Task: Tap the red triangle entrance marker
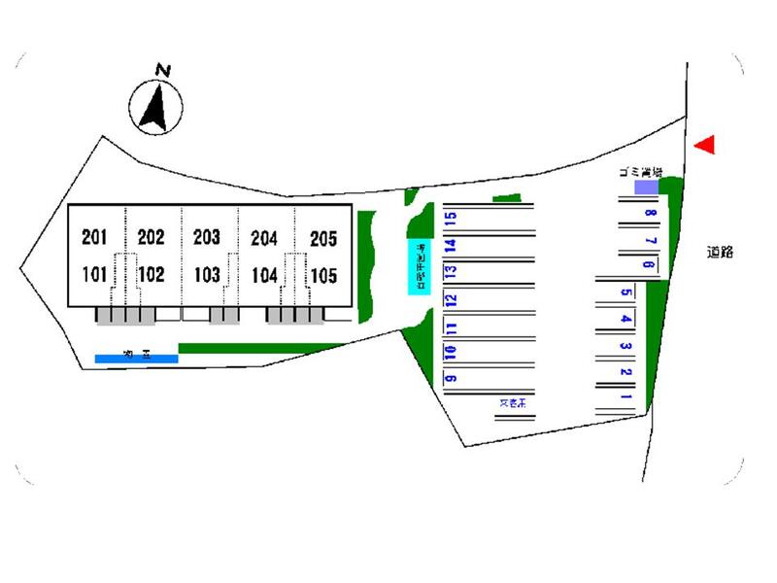tap(707, 144)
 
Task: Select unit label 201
tap(94, 236)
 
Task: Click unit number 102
tap(152, 274)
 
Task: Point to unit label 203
tap(207, 236)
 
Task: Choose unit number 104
tap(264, 275)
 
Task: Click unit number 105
tap(322, 275)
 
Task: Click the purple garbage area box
tap(646, 187)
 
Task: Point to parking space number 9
tap(451, 377)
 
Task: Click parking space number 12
tap(451, 299)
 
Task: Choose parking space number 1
tap(626, 396)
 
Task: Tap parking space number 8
tap(649, 215)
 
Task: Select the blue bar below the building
tap(136, 359)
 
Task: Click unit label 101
tap(94, 274)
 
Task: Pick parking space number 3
tap(626, 346)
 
